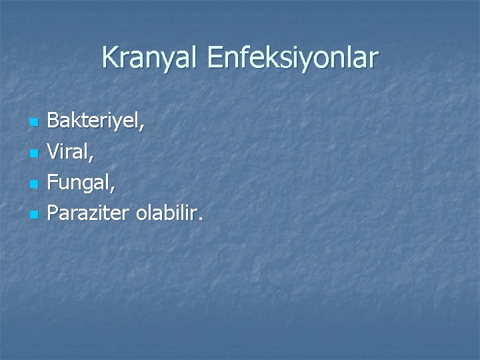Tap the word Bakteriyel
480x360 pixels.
pos(95,123)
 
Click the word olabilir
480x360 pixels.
pos(167,215)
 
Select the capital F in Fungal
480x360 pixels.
pos(54,184)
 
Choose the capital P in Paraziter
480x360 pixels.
pos(54,215)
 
